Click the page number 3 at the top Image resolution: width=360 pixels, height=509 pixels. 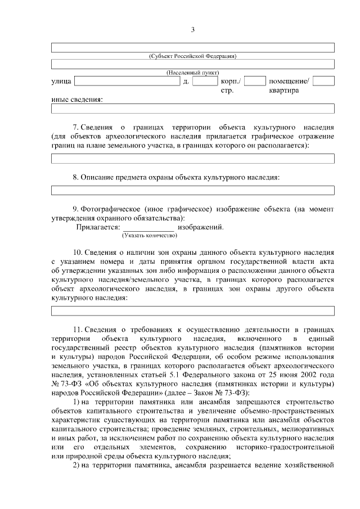(x=192, y=29)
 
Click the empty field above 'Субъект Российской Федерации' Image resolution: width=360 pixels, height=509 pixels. (x=192, y=47)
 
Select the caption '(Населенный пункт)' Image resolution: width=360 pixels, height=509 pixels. (x=192, y=73)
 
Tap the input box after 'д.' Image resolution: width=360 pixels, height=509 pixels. (x=205, y=82)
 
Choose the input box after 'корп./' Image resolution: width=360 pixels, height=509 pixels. (x=255, y=82)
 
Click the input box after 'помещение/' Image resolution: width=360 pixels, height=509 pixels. (x=323, y=82)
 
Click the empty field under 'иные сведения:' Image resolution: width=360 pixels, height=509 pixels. (x=192, y=109)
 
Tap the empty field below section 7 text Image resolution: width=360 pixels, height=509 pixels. (x=192, y=159)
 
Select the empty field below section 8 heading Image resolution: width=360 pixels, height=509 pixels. (x=192, y=190)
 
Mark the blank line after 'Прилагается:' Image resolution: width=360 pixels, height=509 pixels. (x=148, y=227)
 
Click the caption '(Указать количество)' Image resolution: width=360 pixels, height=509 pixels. (x=146, y=235)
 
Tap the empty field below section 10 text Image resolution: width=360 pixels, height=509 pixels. (x=192, y=311)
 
